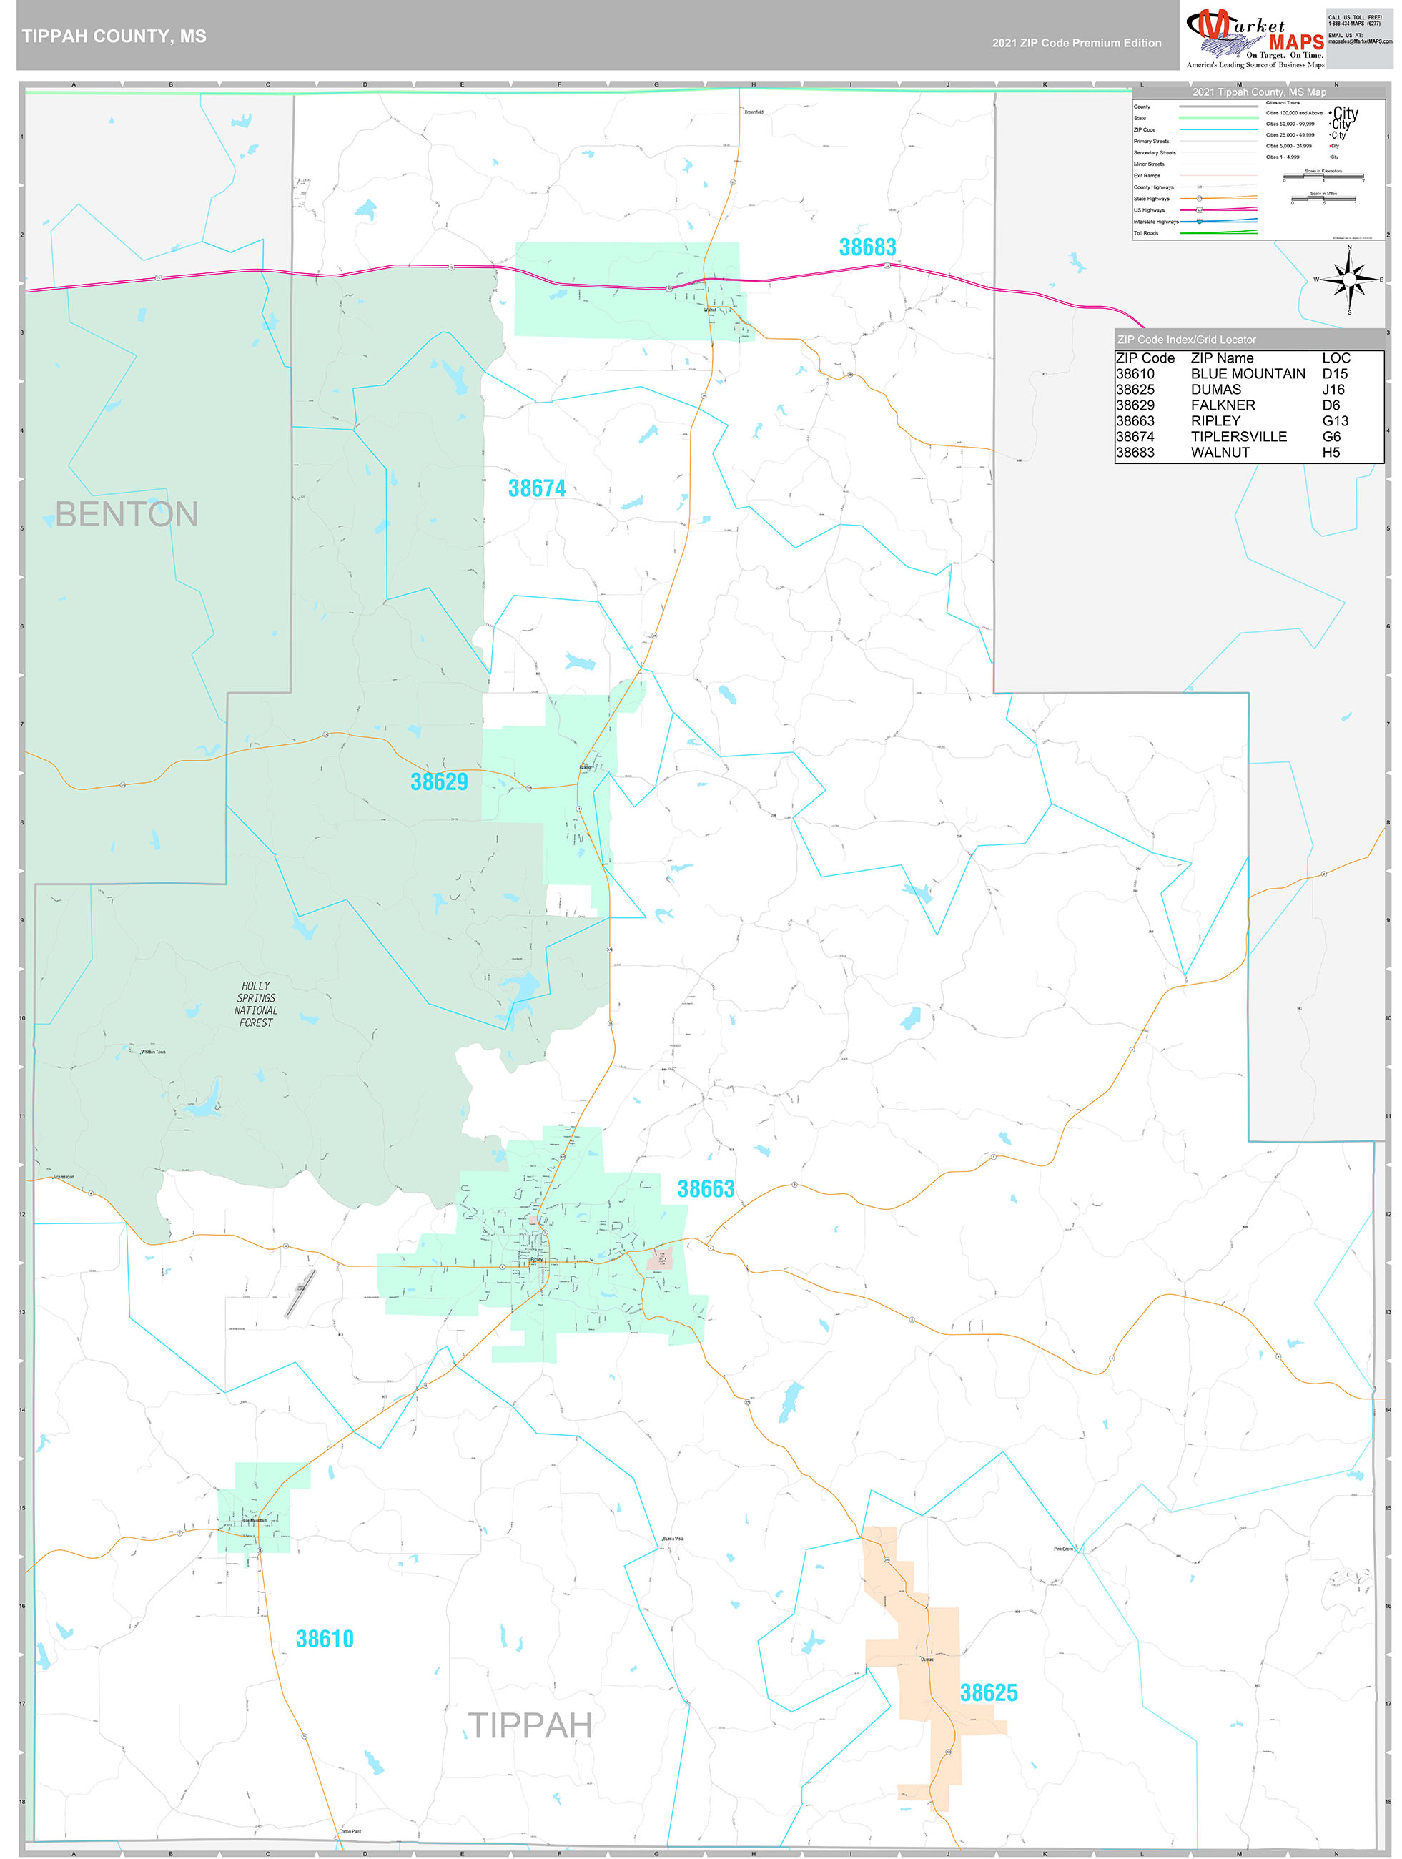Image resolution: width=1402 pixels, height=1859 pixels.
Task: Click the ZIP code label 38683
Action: tap(867, 247)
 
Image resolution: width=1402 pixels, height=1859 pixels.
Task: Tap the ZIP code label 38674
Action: tap(536, 488)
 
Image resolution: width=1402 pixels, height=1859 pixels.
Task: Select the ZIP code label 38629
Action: tap(439, 781)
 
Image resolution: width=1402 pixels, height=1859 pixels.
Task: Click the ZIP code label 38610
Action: tap(325, 1639)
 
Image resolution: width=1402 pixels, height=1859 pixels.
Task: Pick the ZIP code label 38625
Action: tap(989, 1692)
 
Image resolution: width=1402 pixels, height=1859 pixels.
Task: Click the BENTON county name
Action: tap(126, 514)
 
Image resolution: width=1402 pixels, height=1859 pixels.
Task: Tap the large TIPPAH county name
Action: tap(530, 1726)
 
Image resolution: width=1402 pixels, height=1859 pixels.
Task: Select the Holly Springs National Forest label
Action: tap(255, 1005)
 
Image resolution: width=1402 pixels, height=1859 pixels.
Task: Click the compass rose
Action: tap(1348, 279)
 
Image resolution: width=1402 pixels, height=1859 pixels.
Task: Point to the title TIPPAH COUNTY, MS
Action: tap(114, 36)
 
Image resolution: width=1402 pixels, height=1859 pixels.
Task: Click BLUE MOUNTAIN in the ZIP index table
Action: tap(1248, 374)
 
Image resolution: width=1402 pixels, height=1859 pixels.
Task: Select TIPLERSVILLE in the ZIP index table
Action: tap(1238, 437)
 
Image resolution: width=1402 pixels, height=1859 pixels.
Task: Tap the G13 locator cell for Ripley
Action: tap(1335, 421)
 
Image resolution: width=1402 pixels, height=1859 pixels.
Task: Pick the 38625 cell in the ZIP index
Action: tap(1135, 390)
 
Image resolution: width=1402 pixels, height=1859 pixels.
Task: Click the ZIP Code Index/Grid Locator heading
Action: tap(1186, 340)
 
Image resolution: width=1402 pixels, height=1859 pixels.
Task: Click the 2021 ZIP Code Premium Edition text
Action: tap(1076, 43)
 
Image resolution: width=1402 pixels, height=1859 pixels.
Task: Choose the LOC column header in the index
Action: tap(1336, 358)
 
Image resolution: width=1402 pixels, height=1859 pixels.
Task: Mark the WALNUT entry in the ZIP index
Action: tap(1220, 452)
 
